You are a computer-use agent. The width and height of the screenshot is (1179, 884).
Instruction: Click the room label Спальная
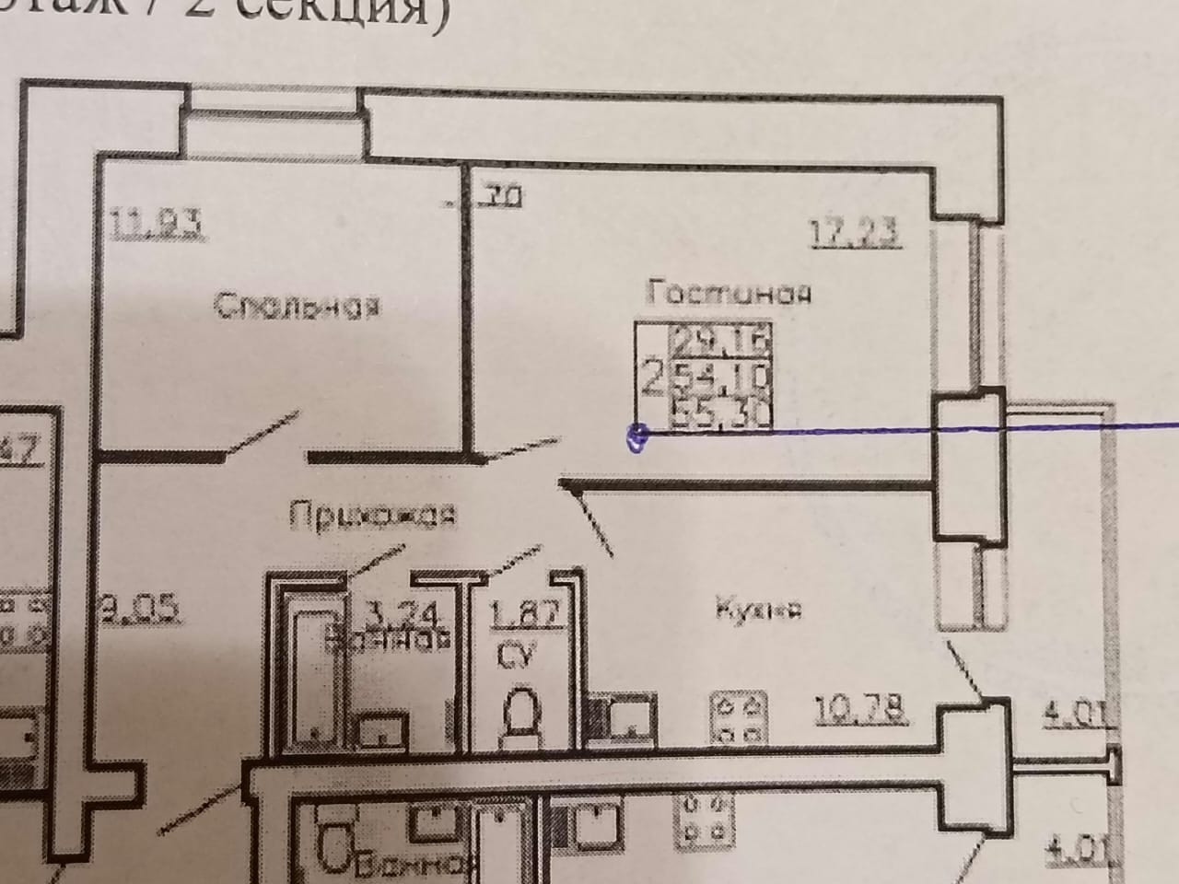297,306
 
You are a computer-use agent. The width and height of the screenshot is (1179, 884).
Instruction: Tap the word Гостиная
729,294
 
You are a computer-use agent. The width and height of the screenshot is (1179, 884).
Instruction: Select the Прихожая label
373,515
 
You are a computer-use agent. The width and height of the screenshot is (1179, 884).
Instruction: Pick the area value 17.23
854,231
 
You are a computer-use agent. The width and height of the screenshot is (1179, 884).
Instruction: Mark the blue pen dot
636,437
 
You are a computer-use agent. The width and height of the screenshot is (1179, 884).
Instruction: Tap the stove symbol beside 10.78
738,717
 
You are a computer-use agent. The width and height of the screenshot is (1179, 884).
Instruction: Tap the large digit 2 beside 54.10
653,377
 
